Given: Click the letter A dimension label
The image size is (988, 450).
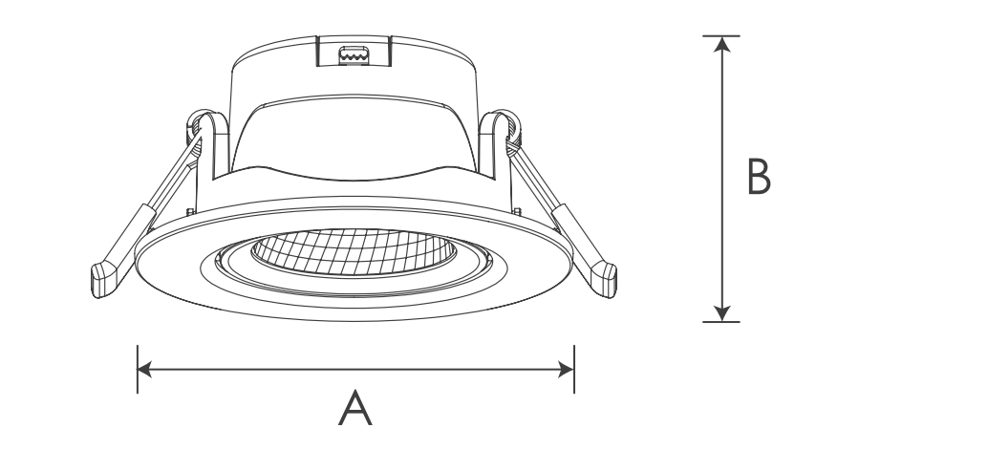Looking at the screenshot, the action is coord(355,408).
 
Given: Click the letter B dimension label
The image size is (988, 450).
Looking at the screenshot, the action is coord(759,177).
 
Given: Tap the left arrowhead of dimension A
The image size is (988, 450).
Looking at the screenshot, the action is coord(144,370).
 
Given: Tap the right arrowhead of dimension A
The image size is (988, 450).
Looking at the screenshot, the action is coord(567,370).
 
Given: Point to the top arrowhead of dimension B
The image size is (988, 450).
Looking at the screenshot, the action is coord(722,44).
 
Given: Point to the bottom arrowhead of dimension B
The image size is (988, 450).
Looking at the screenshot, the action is coord(722,313).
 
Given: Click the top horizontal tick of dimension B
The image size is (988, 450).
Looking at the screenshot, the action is coord(721,36).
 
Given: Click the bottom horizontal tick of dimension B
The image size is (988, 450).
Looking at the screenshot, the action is coord(721,322).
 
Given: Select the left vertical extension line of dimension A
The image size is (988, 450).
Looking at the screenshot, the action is coord(138,370).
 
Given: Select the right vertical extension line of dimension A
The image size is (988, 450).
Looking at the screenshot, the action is coord(574,370).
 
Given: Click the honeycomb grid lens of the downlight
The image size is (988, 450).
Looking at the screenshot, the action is coord(353,252).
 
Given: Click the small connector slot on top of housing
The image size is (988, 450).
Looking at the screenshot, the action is coord(353,54).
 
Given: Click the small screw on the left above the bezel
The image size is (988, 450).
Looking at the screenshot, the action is coord(190,212).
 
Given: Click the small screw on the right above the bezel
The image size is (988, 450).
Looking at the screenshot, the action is coord(517,212).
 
